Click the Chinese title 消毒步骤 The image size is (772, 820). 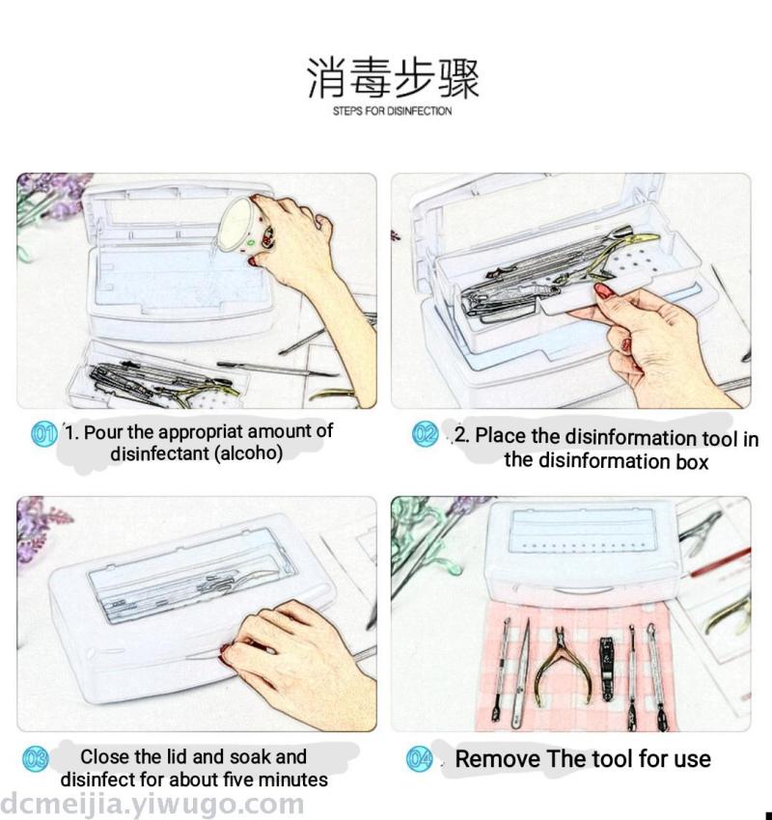tap(393, 78)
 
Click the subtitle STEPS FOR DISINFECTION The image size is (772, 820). tap(393, 111)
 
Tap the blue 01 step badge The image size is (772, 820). tap(44, 434)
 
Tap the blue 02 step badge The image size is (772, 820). tap(426, 434)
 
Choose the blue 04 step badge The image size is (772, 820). tap(420, 759)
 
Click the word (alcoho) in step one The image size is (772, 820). tap(248, 452)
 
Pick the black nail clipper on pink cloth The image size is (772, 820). tap(607, 668)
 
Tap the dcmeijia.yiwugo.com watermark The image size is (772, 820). tap(152, 805)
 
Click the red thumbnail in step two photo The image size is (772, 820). tap(602, 290)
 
